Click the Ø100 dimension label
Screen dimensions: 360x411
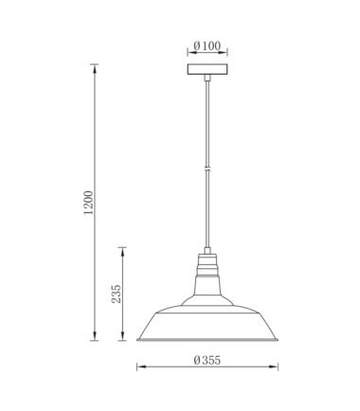(x=207, y=46)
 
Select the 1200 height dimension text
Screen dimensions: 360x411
(x=89, y=203)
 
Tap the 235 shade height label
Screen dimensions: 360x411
(x=117, y=294)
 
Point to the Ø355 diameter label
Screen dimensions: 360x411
(x=207, y=360)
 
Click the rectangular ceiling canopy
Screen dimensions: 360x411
(x=207, y=69)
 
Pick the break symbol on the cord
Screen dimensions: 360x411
(x=207, y=169)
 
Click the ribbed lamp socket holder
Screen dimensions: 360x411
(x=207, y=264)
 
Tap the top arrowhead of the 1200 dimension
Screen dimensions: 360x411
(x=94, y=68)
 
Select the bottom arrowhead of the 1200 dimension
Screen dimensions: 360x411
(x=94, y=336)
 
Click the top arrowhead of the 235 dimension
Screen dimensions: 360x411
(x=122, y=251)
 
